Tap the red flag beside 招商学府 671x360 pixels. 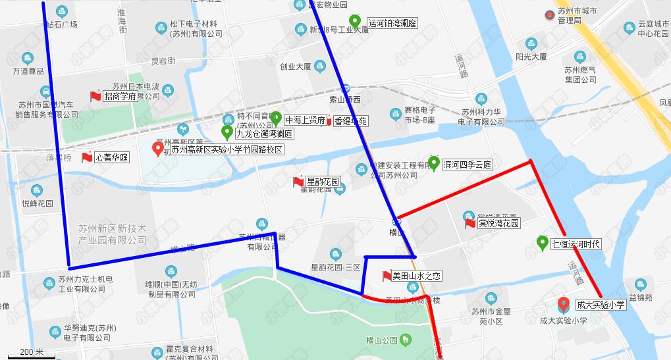(x=95, y=96)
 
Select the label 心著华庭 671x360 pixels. (x=112, y=158)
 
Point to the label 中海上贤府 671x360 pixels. (x=305, y=120)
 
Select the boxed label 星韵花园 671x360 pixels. (x=323, y=181)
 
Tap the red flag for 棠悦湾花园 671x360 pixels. (x=470, y=224)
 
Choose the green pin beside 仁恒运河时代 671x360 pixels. (x=543, y=242)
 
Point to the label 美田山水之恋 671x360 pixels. (x=416, y=275)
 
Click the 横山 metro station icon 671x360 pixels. (x=395, y=220)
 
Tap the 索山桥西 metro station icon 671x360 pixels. (x=345, y=88)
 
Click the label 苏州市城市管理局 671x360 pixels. (x=576, y=16)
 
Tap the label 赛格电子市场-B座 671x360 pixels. (x=420, y=115)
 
